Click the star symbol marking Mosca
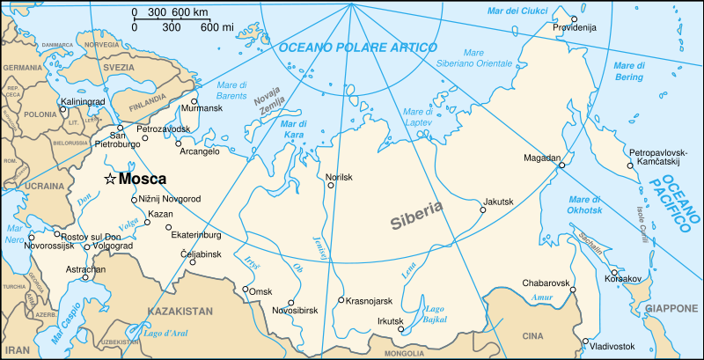tap(110, 179)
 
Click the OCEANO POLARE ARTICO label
tap(358, 48)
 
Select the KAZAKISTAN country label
tap(180, 312)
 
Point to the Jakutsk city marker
tap(483, 209)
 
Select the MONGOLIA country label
tap(404, 354)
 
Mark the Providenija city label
tap(575, 27)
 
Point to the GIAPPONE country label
tap(672, 309)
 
